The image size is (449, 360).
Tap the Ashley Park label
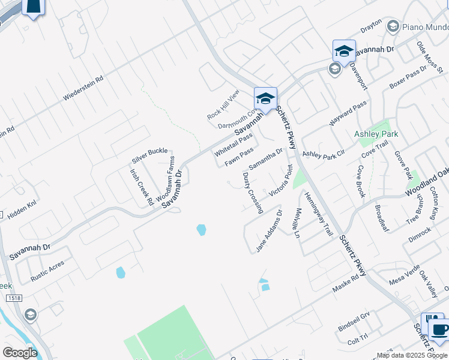(376, 134)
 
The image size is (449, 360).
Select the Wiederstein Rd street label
(83, 87)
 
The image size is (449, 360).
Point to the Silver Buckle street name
(149, 155)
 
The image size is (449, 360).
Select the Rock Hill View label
(223, 104)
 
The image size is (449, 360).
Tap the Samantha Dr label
(265, 159)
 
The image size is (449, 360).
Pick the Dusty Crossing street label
(253, 193)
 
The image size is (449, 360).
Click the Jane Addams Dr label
(269, 230)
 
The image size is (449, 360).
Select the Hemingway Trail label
(318, 214)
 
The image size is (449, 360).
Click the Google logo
(20, 353)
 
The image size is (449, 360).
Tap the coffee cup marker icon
(440, 329)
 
